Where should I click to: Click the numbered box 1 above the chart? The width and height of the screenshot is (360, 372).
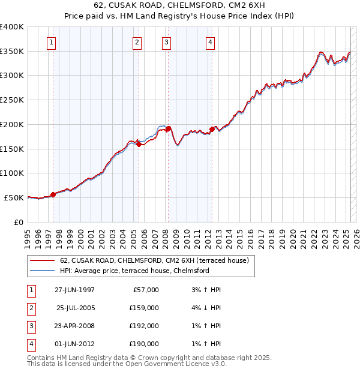[x=52, y=42]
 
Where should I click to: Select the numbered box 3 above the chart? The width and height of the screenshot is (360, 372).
[x=166, y=42]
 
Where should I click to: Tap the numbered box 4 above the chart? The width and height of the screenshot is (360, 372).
[x=211, y=42]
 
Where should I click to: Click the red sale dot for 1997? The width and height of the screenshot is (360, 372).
[x=53, y=194]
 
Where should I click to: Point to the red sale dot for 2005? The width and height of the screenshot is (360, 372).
[x=139, y=144]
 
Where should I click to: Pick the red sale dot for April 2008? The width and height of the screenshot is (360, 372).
[x=169, y=128]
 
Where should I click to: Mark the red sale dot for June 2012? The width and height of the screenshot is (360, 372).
[x=212, y=129]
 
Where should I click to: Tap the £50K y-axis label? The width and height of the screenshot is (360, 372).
[x=14, y=197]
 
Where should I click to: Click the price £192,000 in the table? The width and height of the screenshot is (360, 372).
[x=144, y=326]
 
